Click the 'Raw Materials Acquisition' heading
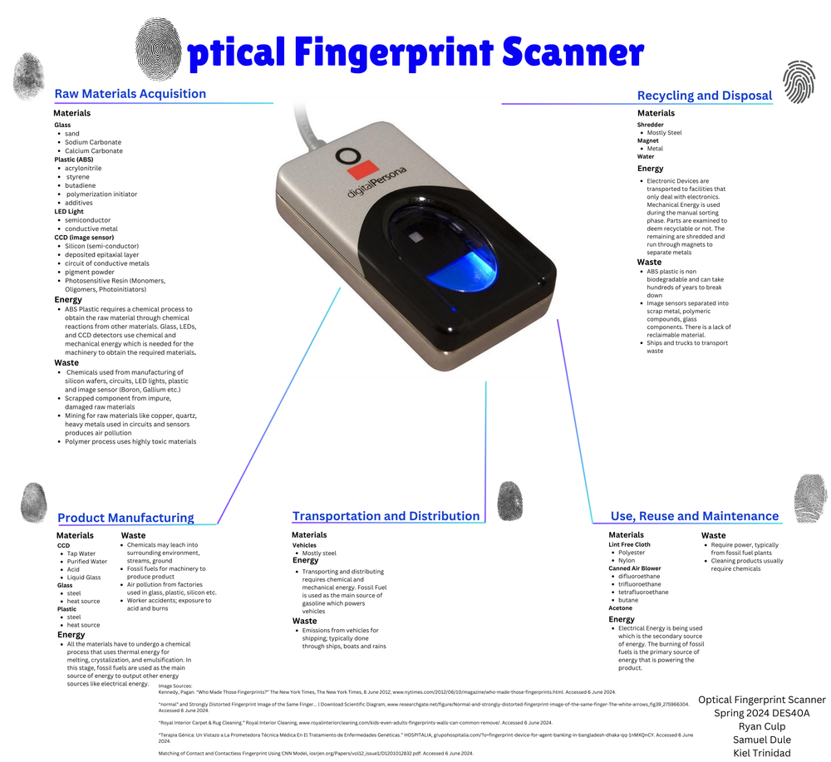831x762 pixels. pos(130,94)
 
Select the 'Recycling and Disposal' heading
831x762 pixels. pos(704,96)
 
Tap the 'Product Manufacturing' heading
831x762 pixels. pos(125,518)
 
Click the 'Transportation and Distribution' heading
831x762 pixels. pos(386,516)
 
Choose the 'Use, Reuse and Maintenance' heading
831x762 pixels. pos(695,516)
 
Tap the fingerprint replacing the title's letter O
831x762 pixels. pos(161,49)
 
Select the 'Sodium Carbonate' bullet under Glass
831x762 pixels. pos(93,142)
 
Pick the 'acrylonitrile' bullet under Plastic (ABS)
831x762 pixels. pos(83,168)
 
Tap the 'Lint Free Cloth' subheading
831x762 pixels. pos(629,544)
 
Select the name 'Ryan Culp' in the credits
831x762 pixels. pos(761,726)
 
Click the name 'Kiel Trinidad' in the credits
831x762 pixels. pos(761,753)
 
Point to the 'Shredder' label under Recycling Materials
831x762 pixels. pos(651,125)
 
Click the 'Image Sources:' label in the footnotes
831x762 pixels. pos(175,685)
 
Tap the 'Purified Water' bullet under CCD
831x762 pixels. pos(87,562)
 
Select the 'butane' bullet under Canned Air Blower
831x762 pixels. pos(628,600)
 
